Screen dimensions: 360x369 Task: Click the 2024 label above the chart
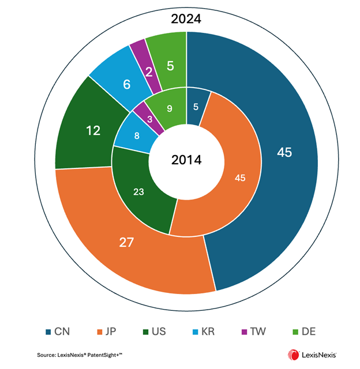point(186,19)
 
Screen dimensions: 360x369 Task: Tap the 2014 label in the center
point(186,160)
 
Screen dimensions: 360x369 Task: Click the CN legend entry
point(58,332)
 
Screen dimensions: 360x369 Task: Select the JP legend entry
point(107,332)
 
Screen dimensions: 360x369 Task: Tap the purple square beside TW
point(245,332)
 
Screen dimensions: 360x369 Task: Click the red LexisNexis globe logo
point(293,355)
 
